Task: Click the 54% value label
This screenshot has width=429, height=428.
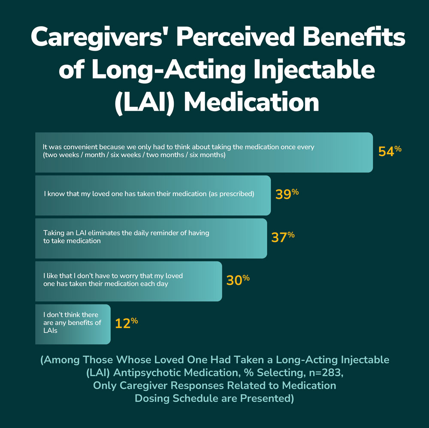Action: coord(390,151)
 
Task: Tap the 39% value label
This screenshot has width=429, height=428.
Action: coord(287,194)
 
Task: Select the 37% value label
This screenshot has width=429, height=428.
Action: coord(283,237)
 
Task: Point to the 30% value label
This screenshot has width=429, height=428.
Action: coord(238,280)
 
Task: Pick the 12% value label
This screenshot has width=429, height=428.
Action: coord(126,323)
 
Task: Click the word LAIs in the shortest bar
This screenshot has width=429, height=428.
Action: coord(50,331)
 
